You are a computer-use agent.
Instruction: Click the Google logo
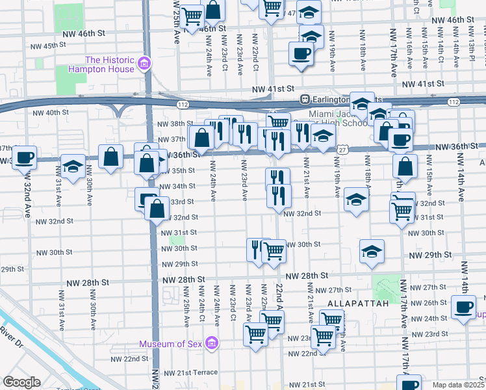[22, 382]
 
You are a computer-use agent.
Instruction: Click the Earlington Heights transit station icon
[303, 99]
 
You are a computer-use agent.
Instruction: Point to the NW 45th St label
[49, 45]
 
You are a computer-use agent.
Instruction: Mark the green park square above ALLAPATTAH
[387, 284]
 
